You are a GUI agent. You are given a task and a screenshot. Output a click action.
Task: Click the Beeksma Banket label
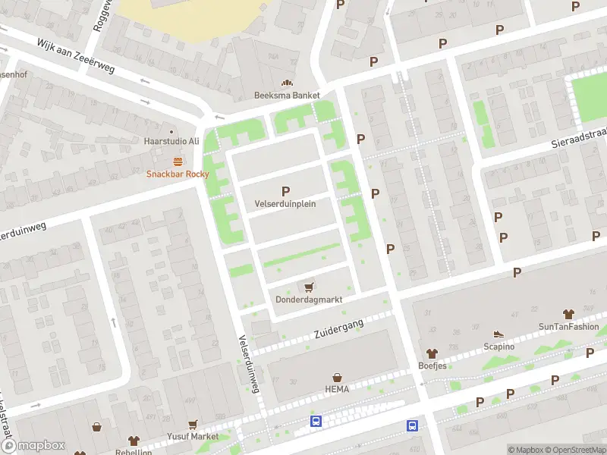[x=286, y=96]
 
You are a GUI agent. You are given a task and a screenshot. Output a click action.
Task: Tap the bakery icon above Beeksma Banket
[x=287, y=83]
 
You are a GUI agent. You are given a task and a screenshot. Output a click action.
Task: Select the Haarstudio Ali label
[x=171, y=141]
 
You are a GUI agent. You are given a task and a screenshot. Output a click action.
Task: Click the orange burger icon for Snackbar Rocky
[x=178, y=161]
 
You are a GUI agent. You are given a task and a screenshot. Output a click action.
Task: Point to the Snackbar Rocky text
[x=178, y=174]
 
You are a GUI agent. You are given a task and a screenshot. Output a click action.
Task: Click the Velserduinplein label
[x=285, y=204]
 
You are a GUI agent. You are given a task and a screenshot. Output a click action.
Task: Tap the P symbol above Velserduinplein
[x=285, y=191]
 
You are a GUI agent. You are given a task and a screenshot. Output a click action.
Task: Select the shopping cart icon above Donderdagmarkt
[x=309, y=287]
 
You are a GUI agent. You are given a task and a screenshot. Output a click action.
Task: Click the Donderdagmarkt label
[x=309, y=300]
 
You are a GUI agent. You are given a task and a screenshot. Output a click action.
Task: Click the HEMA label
[x=337, y=390]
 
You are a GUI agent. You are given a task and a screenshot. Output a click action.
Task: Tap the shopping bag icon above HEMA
[x=337, y=377]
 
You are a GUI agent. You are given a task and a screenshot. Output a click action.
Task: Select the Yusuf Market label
[x=193, y=437]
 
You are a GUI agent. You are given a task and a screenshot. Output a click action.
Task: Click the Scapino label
[x=498, y=347]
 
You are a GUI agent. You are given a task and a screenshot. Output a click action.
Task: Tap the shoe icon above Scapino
[x=498, y=334]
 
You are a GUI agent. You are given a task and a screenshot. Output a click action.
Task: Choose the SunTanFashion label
[x=568, y=327]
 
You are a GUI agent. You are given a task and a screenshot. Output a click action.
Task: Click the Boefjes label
[x=432, y=366]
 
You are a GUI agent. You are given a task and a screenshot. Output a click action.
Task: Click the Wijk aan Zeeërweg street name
[x=76, y=57]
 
